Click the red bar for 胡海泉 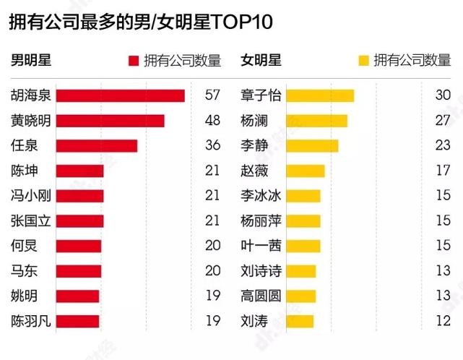click(120, 95)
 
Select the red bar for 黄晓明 click(110, 121)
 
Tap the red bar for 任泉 click(96, 145)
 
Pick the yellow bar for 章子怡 click(320, 95)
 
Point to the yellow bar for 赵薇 click(306, 171)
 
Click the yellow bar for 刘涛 click(300, 320)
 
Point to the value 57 click(212, 95)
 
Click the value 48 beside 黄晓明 click(212, 121)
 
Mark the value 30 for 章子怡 click(443, 95)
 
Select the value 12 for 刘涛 click(443, 320)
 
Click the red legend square click(132, 61)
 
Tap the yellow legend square click(363, 61)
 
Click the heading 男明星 click(30, 60)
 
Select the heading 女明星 click(261, 60)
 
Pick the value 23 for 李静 click(443, 145)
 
